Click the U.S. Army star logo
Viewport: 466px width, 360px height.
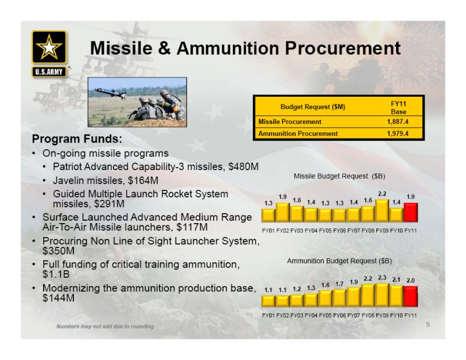tap(49, 47)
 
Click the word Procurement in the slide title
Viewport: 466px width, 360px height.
tap(343, 48)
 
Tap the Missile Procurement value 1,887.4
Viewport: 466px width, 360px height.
tap(398, 122)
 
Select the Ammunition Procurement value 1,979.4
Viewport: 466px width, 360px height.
tap(398, 134)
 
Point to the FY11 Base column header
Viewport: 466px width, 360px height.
tap(398, 108)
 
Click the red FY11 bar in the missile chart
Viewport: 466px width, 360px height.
tap(411, 212)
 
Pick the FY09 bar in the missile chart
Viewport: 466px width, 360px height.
tap(382, 210)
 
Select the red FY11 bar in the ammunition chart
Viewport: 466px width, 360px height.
tap(411, 297)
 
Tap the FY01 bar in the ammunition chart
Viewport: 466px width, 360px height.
tap(269, 301)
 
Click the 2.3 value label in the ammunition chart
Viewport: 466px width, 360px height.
tap(382, 278)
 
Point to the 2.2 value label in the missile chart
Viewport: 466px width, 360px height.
tap(382, 194)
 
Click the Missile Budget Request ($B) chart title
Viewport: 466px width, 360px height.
tap(340, 177)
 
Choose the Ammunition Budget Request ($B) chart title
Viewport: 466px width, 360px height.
tap(340, 261)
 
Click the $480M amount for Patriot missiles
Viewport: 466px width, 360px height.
tap(243, 167)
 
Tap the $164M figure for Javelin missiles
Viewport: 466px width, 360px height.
tap(143, 181)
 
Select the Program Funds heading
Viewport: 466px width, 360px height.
tap(77, 139)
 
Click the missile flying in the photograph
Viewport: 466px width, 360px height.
tap(110, 93)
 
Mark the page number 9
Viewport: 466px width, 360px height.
tap(428, 324)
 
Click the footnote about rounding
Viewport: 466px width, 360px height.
tap(105, 326)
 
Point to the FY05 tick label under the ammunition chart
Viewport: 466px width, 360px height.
tap(325, 315)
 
